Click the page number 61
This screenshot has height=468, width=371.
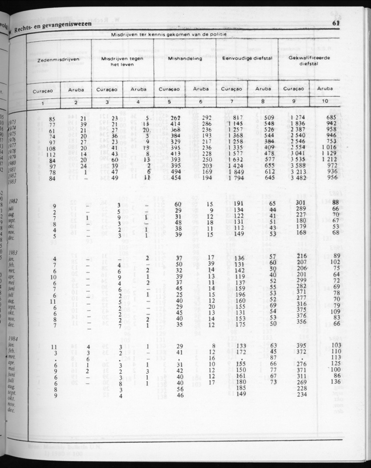pos(336,23)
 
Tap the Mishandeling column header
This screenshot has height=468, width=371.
pos(185,59)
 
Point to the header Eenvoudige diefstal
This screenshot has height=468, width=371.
pos(247,59)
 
